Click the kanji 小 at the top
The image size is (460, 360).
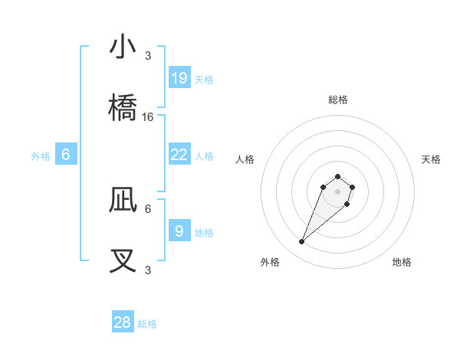coord(123,47)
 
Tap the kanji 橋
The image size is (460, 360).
coord(123,108)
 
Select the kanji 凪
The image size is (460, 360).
coord(123,200)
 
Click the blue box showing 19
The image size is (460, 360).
coord(179,77)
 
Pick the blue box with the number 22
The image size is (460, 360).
coord(179,155)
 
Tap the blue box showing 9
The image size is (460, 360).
coord(179,231)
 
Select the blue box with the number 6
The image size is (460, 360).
coord(66,155)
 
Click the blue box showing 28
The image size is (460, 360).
coord(123,322)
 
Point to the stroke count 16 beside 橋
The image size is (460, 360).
coord(148,117)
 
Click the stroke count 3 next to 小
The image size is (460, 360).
coord(148,56)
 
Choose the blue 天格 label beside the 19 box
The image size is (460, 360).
coord(204,79)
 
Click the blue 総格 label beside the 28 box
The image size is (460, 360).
coord(147,324)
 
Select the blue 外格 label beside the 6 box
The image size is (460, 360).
coord(41,156)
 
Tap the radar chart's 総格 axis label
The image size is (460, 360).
coord(338,100)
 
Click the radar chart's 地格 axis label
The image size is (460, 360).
coord(402,262)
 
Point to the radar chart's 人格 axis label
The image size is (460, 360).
coord(245,159)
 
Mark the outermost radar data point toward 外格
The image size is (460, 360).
coord(302,242)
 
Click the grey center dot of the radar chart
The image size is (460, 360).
coord(337,191)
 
